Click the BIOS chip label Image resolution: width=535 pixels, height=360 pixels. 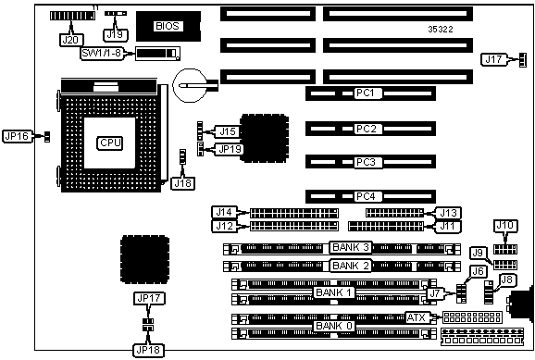pyautogui.click(x=168, y=26)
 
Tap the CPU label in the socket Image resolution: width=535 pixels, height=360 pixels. pyautogui.click(x=110, y=143)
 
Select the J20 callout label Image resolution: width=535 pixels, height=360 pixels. pyautogui.click(x=70, y=41)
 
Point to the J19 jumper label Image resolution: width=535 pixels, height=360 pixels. pyautogui.click(x=115, y=34)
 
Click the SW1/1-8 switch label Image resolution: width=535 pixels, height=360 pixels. pyautogui.click(x=101, y=53)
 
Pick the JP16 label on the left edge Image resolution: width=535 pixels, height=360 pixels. pyautogui.click(x=17, y=136)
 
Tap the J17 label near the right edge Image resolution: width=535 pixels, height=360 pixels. pyautogui.click(x=493, y=60)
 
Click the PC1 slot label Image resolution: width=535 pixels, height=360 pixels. pyautogui.click(x=366, y=93)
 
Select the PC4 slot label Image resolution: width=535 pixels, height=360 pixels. pyautogui.click(x=366, y=196)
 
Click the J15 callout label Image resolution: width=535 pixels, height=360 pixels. pyautogui.click(x=228, y=131)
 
